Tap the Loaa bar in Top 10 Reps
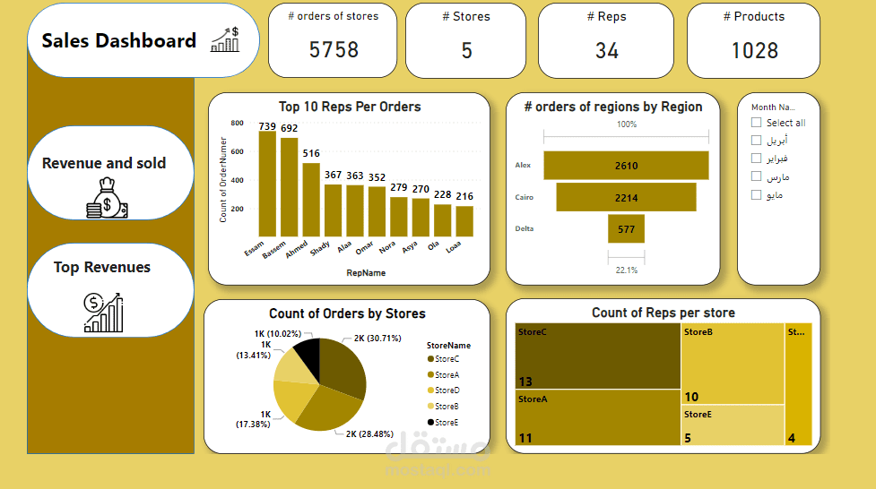pos(464,220)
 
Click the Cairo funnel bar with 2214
pos(626,197)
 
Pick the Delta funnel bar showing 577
pos(626,228)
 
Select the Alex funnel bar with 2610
pos(626,166)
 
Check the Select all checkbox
pos(757,123)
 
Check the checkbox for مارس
pos(757,176)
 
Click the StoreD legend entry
pos(447,390)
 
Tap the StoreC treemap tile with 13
pos(597,356)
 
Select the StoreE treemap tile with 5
pos(732,425)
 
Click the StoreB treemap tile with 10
pos(732,364)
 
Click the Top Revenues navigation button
pos(110,289)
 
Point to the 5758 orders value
pos(334,50)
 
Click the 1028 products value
pos(754,50)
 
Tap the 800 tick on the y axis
pos(237,124)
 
